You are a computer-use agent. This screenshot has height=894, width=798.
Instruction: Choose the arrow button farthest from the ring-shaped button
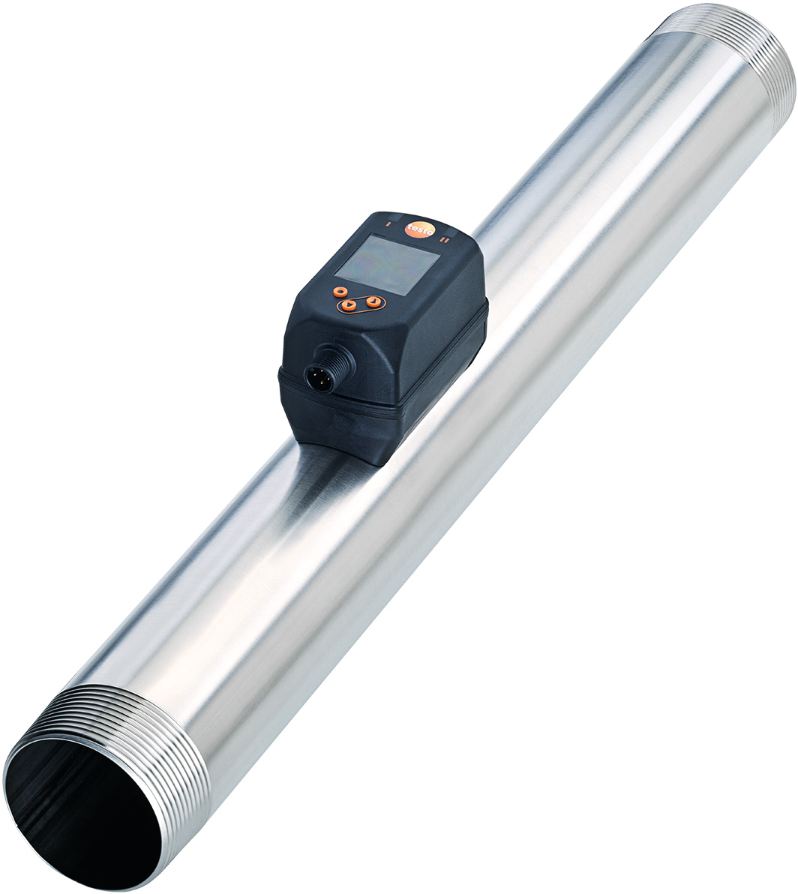[373, 301]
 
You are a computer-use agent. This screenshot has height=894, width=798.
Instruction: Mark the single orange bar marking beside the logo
[388, 223]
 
